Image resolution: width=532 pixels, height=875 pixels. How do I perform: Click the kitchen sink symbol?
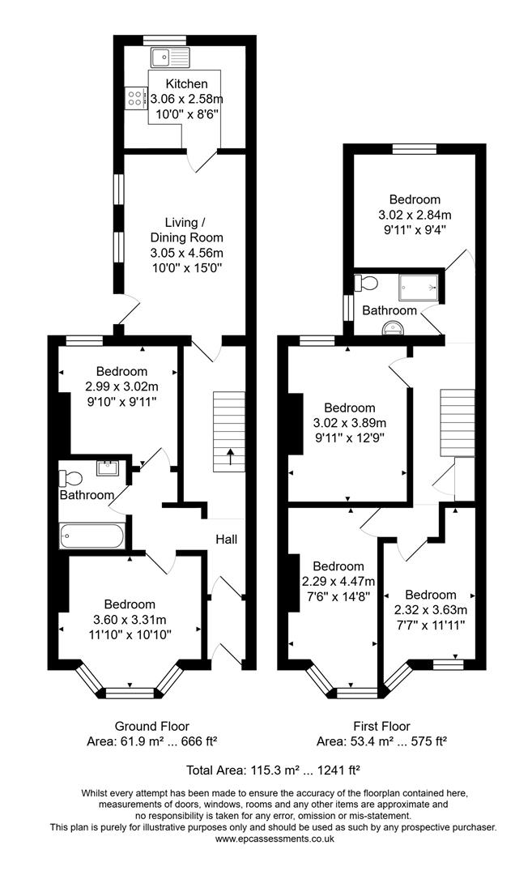point(169,57)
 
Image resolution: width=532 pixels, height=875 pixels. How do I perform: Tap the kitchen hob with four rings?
point(134,98)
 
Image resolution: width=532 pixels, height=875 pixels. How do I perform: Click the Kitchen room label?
point(186,84)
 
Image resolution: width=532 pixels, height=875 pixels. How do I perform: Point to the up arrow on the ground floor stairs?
point(229,457)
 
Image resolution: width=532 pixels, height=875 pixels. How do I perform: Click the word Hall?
point(226,540)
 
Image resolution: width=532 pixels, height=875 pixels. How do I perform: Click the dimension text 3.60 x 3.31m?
point(130,620)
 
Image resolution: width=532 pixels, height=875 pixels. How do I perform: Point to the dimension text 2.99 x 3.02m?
point(121,386)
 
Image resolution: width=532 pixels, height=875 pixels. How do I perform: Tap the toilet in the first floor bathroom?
point(366,283)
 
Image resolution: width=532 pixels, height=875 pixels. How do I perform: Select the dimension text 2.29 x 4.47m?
point(338,581)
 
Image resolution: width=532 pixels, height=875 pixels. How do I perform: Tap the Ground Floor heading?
point(151,726)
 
